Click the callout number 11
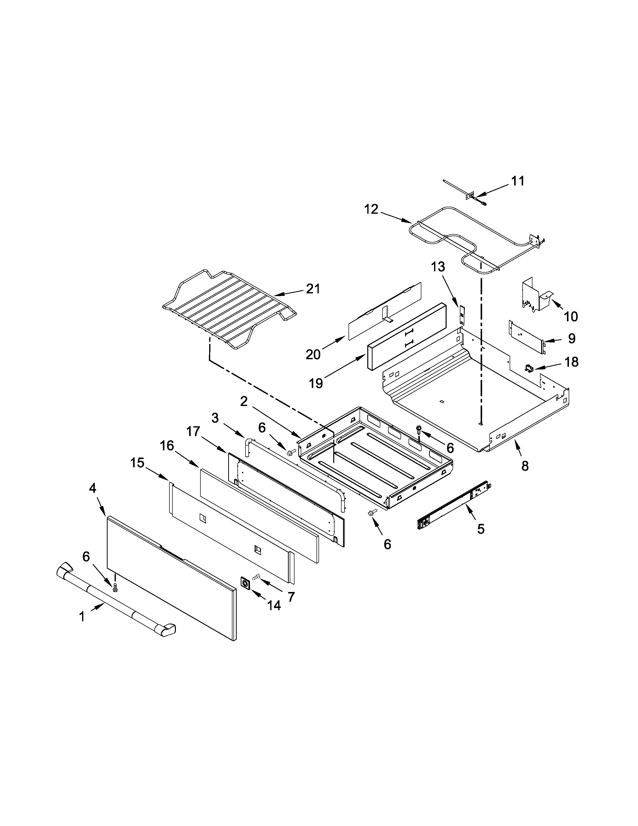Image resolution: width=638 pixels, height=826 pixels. click(x=518, y=181)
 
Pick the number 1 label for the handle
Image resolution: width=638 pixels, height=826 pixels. click(x=82, y=617)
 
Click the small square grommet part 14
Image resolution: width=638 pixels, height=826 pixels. click(x=246, y=583)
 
